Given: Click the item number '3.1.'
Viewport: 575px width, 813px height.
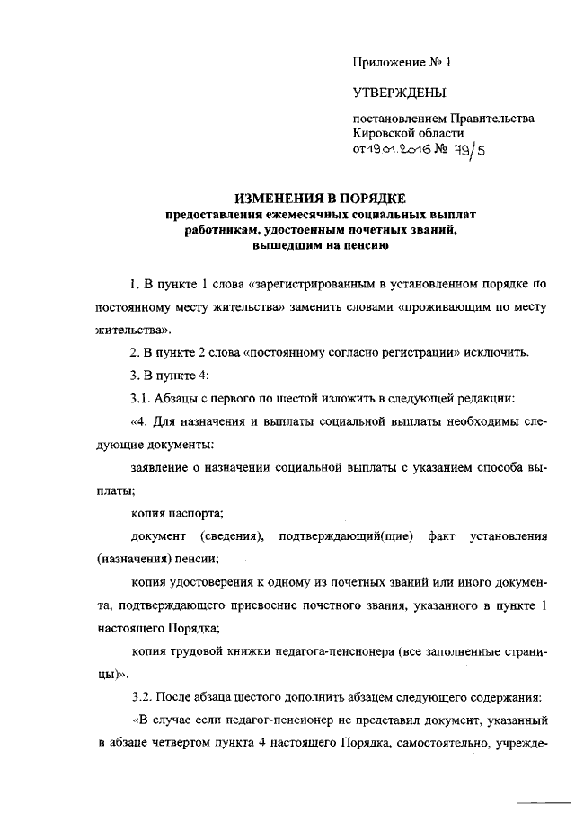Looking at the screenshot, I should pos(141,398).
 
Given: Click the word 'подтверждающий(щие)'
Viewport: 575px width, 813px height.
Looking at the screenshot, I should pos(346,536).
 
